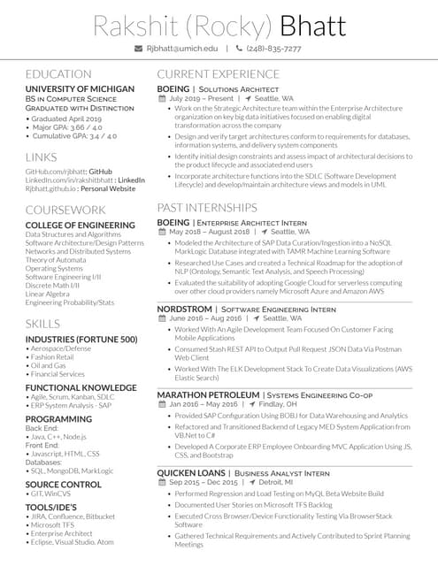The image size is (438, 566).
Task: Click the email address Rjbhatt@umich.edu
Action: (181, 49)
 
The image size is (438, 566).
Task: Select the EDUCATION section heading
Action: (58, 74)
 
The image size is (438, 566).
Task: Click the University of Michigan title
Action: (80, 90)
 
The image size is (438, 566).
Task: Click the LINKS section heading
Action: (41, 157)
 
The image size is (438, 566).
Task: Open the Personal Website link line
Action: (81, 188)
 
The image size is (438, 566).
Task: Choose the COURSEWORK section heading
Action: (65, 210)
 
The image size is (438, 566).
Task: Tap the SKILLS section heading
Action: (42, 324)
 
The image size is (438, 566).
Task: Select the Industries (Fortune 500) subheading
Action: (81, 340)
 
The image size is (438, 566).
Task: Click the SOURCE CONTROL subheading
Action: (64, 485)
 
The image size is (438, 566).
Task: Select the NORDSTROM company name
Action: (184, 309)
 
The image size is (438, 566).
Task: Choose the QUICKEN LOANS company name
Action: (191, 473)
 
